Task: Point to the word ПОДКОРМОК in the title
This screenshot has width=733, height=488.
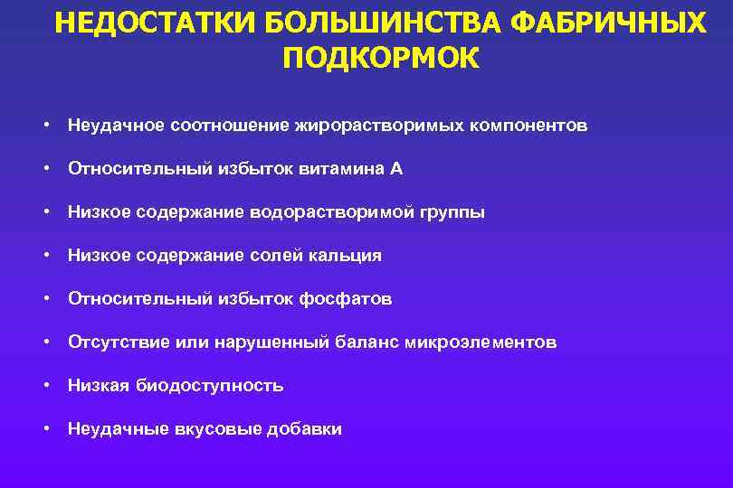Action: click(x=381, y=57)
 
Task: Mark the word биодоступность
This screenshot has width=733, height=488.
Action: click(x=210, y=386)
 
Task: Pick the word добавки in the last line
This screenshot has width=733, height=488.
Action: click(x=304, y=429)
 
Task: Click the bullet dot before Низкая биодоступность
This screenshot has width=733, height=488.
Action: click(x=45, y=386)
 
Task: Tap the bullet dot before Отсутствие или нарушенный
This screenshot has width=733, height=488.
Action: click(x=45, y=343)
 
